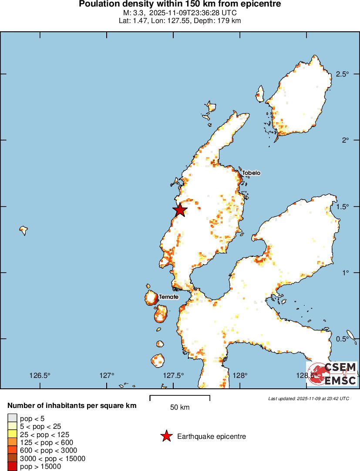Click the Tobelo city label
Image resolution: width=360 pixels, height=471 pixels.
[251, 173]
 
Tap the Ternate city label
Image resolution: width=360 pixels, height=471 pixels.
[168, 297]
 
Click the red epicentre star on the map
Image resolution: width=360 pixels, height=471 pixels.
[180, 210]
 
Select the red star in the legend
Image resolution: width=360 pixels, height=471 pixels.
[166, 436]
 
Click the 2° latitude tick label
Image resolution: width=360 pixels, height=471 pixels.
[346, 140]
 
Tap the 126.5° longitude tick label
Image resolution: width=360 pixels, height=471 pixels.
[40, 376]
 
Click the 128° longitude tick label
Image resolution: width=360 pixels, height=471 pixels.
[240, 376]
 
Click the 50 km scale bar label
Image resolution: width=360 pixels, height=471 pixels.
[180, 408]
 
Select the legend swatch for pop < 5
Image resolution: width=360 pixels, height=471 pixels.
[12, 419]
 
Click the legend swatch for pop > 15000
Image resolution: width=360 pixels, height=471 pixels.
[12, 467]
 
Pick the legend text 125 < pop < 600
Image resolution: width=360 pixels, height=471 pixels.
[47, 442]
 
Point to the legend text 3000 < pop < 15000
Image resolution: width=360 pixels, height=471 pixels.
[53, 458]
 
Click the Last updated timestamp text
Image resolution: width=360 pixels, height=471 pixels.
[309, 398]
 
